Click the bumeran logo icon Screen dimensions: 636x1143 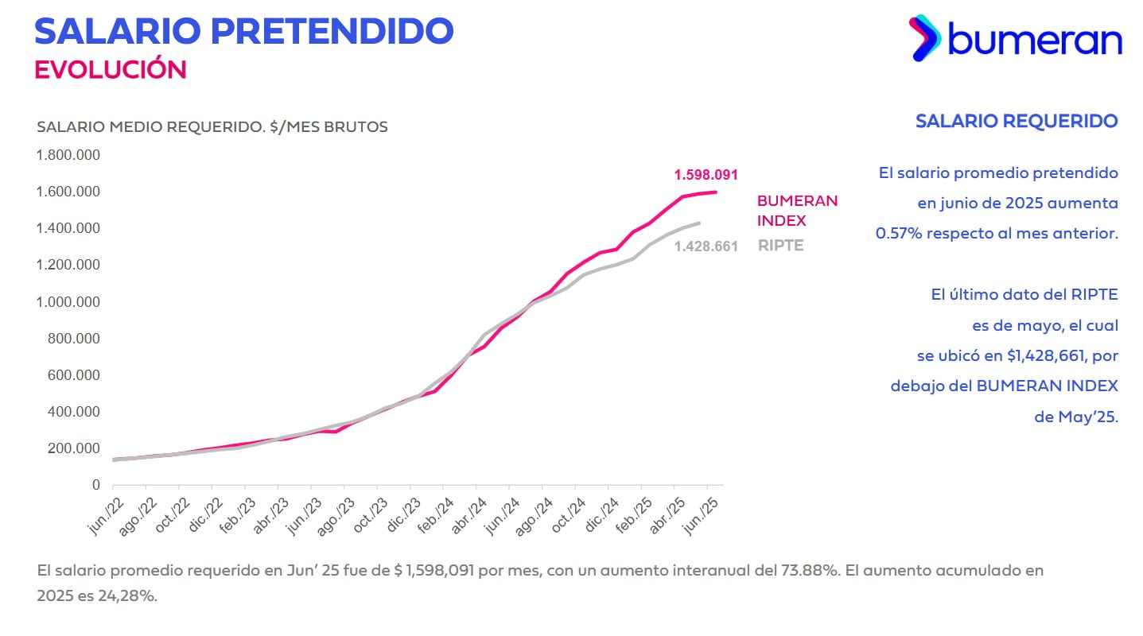click(x=925, y=37)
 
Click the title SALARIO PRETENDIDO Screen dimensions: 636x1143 click(x=243, y=30)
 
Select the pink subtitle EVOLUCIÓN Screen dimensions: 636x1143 click(x=110, y=69)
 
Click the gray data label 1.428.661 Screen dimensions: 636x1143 click(x=706, y=246)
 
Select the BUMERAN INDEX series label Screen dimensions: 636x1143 click(x=797, y=211)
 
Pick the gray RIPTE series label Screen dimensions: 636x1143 click(x=780, y=246)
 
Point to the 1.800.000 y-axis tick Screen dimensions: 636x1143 click(x=68, y=155)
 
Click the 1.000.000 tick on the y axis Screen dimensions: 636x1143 click(x=68, y=302)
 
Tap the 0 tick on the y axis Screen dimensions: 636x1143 click(x=96, y=485)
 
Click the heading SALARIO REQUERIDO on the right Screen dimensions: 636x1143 click(x=1016, y=121)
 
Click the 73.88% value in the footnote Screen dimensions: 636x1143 click(x=807, y=571)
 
